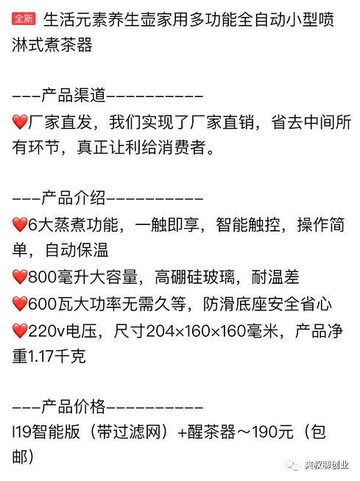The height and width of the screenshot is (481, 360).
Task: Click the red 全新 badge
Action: point(24,18)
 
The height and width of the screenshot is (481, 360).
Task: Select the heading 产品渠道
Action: point(74,95)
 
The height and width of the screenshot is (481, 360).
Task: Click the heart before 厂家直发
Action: point(20,122)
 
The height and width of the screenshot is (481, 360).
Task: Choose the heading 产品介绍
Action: point(74,198)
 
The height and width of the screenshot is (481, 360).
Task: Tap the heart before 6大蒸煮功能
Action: point(20,225)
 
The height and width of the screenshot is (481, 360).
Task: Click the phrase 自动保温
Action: point(77,250)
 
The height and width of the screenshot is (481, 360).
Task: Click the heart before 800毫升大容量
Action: point(20,277)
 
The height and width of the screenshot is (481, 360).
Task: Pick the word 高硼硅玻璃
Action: point(195,277)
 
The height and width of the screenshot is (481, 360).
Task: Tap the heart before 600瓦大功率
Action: point(20,304)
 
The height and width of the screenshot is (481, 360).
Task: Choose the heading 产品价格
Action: point(74,407)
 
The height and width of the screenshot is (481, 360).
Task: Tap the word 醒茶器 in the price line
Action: point(211,432)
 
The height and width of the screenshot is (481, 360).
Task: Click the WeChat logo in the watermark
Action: point(293,464)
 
